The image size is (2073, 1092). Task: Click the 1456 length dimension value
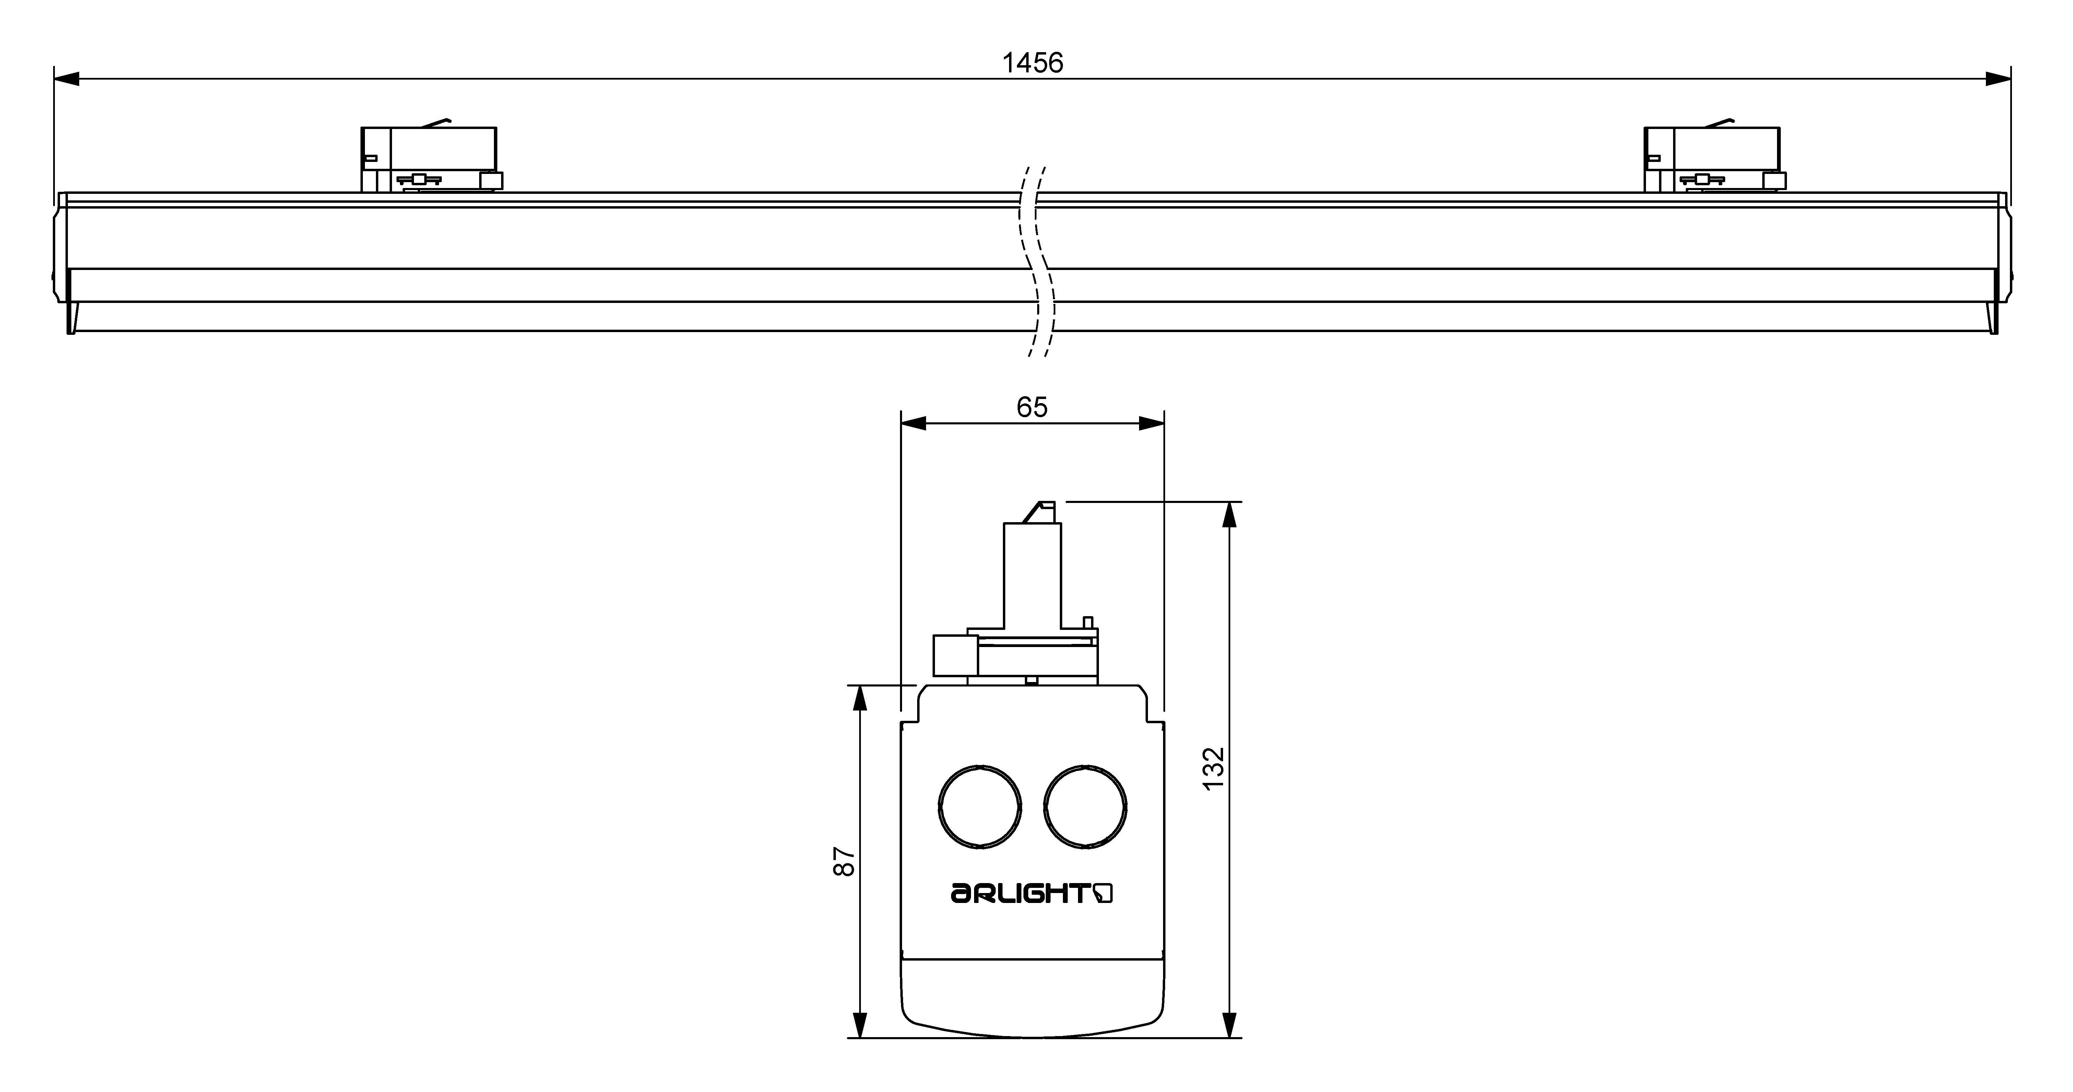pyautogui.click(x=1032, y=63)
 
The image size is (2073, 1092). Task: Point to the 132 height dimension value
pyautogui.click(x=1213, y=768)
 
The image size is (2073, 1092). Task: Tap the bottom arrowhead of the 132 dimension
pyautogui.click(x=1229, y=1024)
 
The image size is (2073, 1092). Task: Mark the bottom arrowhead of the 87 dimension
pyautogui.click(x=860, y=1024)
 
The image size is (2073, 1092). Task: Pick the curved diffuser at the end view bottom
pyautogui.click(x=1032, y=1002)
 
